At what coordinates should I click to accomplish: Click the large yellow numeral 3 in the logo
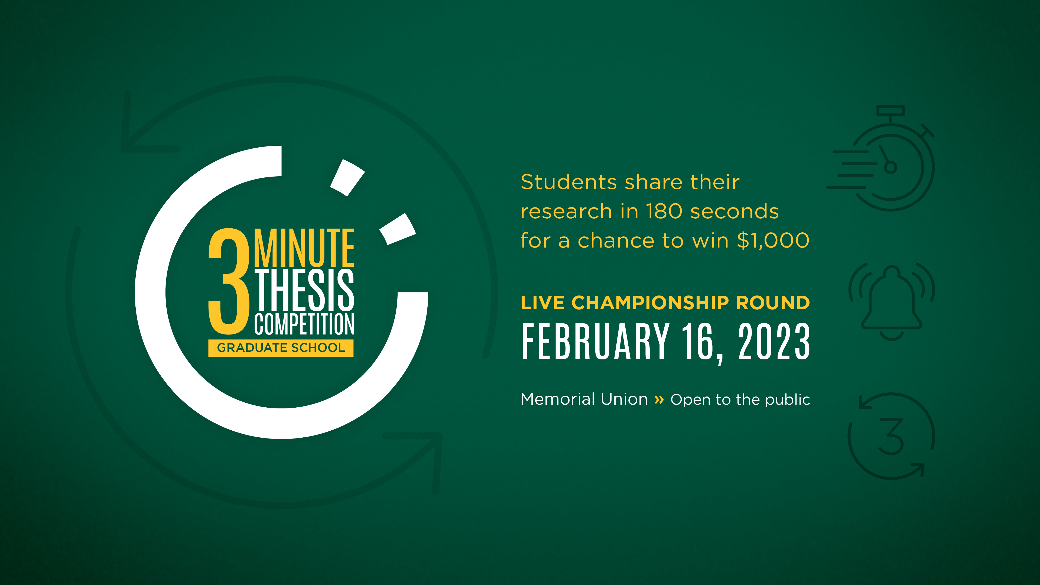coord(229,282)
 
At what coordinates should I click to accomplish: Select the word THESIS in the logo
coord(304,290)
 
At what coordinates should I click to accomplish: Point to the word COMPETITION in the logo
coord(304,324)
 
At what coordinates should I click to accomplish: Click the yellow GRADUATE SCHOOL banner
coord(281,347)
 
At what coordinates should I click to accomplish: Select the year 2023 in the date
coord(774,342)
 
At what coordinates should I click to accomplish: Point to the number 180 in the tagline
coord(664,211)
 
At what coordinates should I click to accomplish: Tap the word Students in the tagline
coord(569,182)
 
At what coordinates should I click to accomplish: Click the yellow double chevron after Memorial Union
coord(659,400)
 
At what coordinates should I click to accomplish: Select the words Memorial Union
coord(584,399)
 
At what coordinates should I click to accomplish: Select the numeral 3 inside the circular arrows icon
coord(891,436)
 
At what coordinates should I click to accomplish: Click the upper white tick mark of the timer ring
coord(347,178)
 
